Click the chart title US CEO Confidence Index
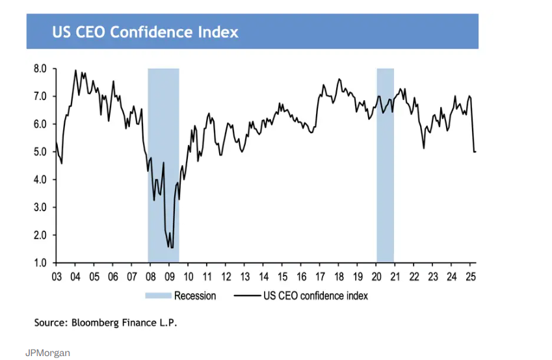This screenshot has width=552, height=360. [145, 31]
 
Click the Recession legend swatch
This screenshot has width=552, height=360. [157, 296]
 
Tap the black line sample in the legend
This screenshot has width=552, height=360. [246, 296]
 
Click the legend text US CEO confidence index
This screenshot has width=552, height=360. [315, 296]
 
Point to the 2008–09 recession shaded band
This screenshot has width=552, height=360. [163, 162]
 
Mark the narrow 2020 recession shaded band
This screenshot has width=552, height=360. [386, 162]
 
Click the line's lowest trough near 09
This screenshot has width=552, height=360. [171, 247]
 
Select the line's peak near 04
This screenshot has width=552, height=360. [75, 70]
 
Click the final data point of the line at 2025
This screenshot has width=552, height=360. [476, 151]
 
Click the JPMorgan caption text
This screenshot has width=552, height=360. [47, 353]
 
